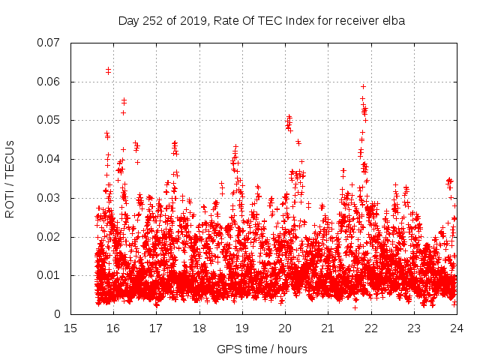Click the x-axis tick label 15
[70, 328]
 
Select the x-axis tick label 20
[285, 328]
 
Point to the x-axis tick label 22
[370, 328]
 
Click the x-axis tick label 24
[456, 328]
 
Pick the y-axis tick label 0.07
[49, 43]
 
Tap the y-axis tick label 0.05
[49, 120]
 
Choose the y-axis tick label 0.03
[49, 198]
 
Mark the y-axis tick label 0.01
[49, 275]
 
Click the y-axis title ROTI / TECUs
[10, 178]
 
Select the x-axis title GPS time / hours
[262, 349]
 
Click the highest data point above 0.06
[108, 70]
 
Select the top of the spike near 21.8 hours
[363, 86]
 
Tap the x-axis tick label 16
[113, 328]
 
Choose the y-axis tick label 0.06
[49, 82]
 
